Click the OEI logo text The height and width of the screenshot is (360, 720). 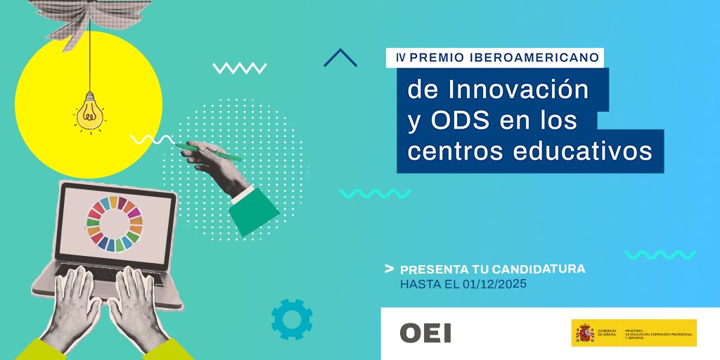425,333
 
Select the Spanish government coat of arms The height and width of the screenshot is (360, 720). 584,333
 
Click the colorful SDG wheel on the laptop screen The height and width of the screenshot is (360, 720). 115,223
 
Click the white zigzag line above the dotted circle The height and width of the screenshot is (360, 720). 240,68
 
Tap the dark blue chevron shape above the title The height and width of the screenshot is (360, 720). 340,58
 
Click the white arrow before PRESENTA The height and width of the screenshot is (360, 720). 389,269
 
